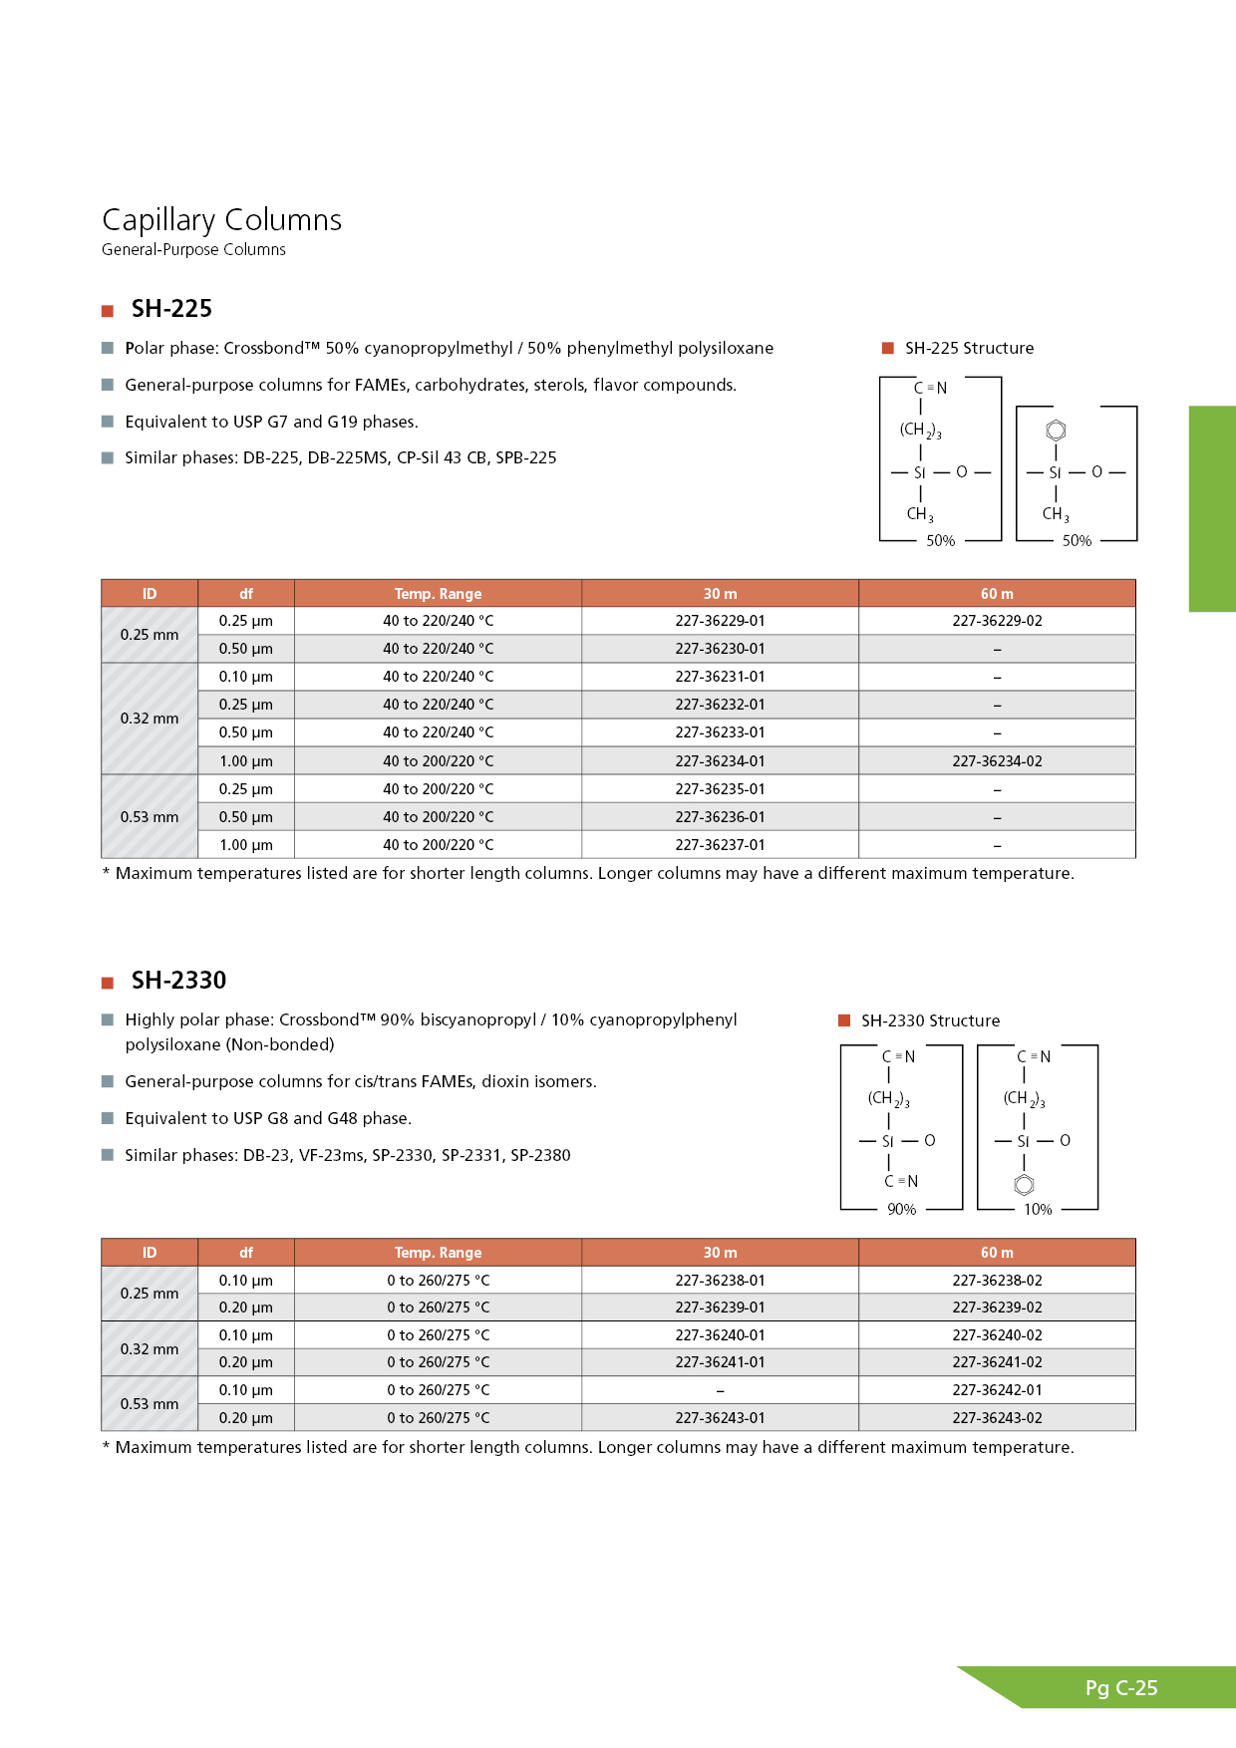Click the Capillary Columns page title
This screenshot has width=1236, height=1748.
221,220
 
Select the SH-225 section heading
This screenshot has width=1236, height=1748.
171,309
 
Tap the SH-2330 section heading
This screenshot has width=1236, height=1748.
178,981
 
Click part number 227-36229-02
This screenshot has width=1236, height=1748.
997,621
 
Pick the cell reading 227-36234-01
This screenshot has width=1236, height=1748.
720,761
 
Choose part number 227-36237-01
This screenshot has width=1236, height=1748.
720,845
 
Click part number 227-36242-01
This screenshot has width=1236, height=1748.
997,1390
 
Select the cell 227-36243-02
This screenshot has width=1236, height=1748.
997,1418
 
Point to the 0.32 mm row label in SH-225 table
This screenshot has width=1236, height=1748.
150,719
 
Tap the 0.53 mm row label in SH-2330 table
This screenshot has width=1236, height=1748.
150,1404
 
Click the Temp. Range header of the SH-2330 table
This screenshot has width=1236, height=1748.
438,1253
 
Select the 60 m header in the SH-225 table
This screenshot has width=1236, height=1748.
997,594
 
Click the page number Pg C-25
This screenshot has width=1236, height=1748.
1121,1688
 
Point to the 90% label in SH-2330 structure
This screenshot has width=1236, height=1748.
901,1210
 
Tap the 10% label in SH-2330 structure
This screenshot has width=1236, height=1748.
1038,1210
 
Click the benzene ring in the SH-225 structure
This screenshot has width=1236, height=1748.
1056,431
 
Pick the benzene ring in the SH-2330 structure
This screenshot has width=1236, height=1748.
1024,1185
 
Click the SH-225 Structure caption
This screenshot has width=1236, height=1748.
969,349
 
